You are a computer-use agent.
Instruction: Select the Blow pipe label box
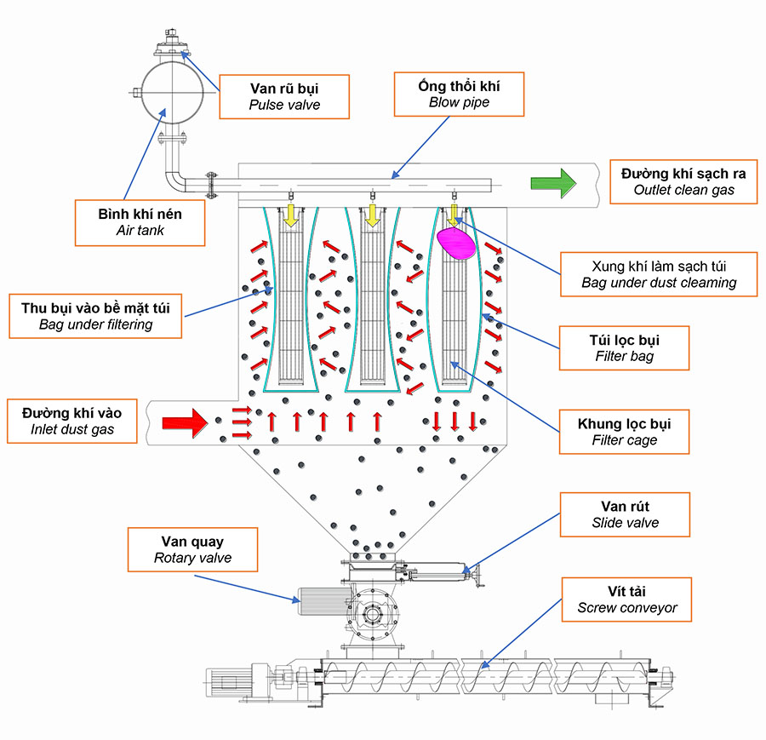(458, 94)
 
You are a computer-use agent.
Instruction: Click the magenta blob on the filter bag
(457, 243)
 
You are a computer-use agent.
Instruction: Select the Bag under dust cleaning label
(658, 273)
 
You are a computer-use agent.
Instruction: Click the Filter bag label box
(624, 347)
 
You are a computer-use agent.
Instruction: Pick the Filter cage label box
(624, 431)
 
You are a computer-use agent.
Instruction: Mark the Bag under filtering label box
(95, 315)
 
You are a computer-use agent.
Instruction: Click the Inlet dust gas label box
(72, 421)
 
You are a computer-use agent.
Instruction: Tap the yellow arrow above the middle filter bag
(372, 216)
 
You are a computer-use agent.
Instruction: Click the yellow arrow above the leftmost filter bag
(290, 216)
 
